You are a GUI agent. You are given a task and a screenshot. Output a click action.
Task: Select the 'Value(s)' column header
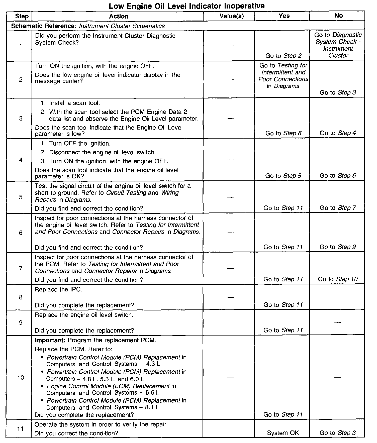coord(231,16)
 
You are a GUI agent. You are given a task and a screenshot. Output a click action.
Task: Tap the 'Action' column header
coord(119,16)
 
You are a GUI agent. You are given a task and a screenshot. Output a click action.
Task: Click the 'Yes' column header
coord(284,16)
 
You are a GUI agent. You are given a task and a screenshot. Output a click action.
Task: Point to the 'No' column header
coord(338,16)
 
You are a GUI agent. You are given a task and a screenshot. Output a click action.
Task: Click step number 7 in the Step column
coord(21,268)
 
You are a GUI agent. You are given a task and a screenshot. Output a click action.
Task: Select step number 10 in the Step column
coord(21,377)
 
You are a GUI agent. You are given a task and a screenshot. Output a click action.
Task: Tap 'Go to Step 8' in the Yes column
coord(283,133)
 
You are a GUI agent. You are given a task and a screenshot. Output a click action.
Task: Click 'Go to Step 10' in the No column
coord(338,279)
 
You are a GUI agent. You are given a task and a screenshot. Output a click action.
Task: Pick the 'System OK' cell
coord(283,433)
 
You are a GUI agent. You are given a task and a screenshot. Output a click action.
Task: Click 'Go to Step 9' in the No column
coord(337,247)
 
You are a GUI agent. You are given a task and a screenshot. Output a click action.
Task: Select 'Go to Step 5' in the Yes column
coord(283,176)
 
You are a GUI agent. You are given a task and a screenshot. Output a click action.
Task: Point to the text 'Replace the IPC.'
coord(58,290)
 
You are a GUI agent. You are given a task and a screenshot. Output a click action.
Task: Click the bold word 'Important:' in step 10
coord(50,340)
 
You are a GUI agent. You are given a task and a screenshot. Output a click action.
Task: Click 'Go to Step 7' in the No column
coord(338,208)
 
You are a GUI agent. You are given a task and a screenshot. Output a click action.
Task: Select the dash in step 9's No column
coord(338,322)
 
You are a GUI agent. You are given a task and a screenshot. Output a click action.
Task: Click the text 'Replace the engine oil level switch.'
coord(84,315)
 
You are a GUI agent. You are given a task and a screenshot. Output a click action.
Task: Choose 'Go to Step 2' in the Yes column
coord(283,56)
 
